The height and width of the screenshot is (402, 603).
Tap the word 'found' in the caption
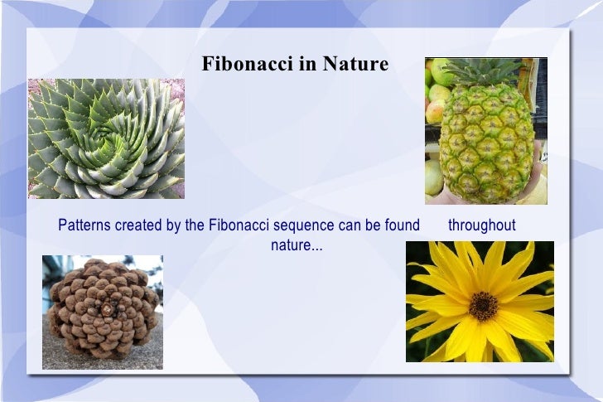tap(402, 225)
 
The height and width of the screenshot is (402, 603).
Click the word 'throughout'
tap(481, 225)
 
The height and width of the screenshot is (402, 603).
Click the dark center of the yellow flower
tap(482, 306)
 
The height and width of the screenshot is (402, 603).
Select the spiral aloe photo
tap(106, 138)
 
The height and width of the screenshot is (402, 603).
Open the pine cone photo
tap(103, 312)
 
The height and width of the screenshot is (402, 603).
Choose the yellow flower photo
tap(480, 301)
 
